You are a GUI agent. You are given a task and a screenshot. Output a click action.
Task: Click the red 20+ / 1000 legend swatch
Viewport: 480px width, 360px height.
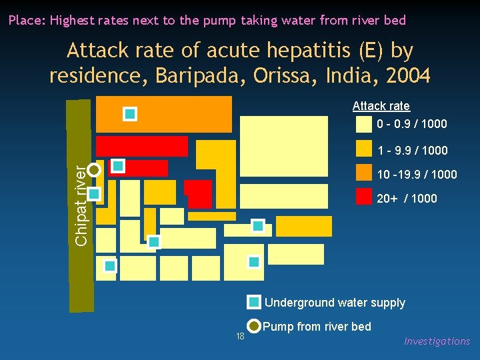click(x=363, y=197)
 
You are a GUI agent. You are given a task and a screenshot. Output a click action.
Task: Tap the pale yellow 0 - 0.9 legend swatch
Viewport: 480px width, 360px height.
click(x=363, y=124)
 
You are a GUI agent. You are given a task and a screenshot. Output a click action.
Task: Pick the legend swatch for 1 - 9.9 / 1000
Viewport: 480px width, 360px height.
click(x=363, y=148)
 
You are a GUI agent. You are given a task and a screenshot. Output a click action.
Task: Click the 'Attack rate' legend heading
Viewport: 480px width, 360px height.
click(x=381, y=106)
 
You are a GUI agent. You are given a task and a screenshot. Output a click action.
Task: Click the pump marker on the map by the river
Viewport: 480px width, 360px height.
click(x=94, y=169)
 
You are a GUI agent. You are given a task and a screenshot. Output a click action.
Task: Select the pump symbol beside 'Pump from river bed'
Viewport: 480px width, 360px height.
click(x=253, y=326)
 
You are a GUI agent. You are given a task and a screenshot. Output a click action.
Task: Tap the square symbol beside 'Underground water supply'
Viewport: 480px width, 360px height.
click(x=253, y=302)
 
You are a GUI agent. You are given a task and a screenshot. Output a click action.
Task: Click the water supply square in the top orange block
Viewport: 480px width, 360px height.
click(x=130, y=114)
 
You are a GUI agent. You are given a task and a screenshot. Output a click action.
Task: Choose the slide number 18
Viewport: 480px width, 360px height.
click(x=241, y=336)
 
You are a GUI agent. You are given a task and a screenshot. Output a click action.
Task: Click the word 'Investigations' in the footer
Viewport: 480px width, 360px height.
click(x=437, y=341)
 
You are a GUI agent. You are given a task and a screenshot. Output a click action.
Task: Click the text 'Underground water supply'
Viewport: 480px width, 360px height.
click(x=335, y=303)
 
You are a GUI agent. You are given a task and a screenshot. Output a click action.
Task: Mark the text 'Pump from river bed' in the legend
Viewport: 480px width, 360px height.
click(x=317, y=327)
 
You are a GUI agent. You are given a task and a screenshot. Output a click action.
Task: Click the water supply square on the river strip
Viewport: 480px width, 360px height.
click(x=94, y=194)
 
